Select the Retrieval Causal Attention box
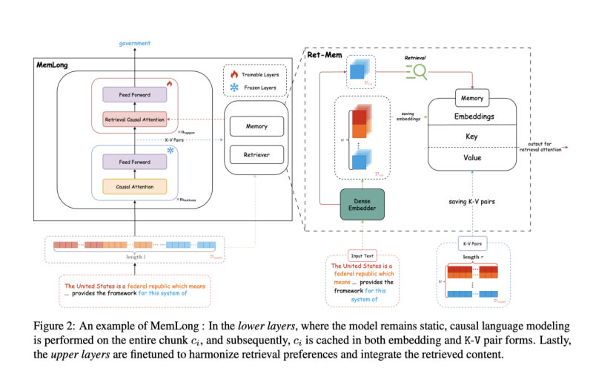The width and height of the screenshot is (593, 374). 136,119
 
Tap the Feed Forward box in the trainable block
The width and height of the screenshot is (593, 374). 136,94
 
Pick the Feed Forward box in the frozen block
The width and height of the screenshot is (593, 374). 136,162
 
